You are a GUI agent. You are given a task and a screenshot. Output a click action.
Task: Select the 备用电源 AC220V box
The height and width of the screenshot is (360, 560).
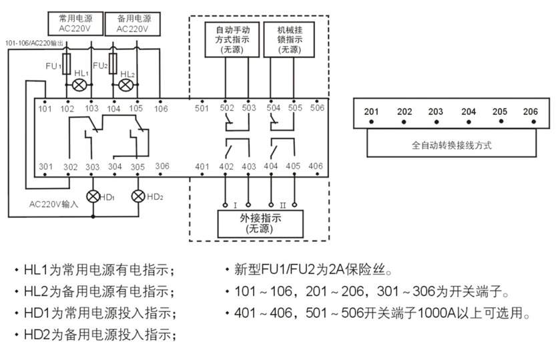[x=135, y=24]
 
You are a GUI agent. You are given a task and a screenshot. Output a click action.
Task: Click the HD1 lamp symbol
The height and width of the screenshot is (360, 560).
[x=92, y=196]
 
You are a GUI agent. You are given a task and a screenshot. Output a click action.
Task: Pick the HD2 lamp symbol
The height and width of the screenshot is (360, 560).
[x=138, y=196]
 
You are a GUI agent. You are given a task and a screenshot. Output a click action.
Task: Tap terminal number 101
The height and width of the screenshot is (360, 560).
[x=45, y=108]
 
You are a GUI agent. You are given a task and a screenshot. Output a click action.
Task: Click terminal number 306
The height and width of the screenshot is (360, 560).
[x=162, y=166]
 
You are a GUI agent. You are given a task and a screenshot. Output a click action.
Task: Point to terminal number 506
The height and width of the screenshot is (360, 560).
[x=317, y=108]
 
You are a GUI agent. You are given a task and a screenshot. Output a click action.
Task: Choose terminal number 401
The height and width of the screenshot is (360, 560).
[x=202, y=166]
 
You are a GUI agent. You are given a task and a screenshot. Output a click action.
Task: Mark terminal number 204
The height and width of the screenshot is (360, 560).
[x=469, y=112]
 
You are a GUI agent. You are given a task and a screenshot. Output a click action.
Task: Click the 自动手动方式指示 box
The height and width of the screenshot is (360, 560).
[x=232, y=39]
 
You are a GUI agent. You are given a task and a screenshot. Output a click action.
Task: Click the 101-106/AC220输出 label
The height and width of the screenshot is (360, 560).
[x=35, y=43]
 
